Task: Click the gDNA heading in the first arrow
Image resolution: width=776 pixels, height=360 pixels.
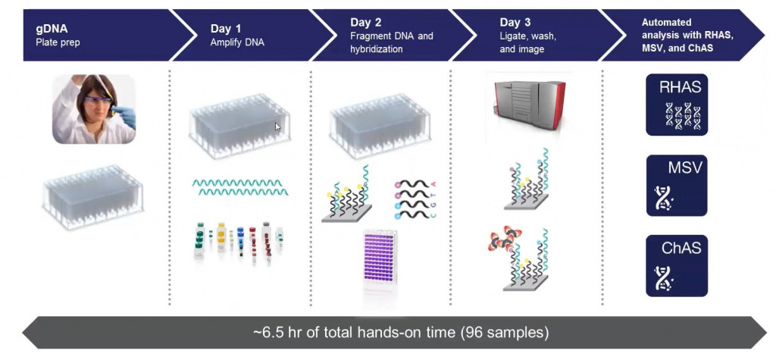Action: pyautogui.click(x=52, y=29)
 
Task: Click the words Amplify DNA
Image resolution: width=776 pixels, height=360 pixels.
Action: pyautogui.click(x=237, y=42)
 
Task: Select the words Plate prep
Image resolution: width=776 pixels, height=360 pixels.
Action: pyautogui.click(x=58, y=42)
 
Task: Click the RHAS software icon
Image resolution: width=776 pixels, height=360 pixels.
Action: pyautogui.click(x=677, y=105)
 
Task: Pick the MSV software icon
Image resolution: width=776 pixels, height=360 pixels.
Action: pyautogui.click(x=677, y=186)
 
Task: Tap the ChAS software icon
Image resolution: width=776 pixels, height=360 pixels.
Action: pyautogui.click(x=677, y=266)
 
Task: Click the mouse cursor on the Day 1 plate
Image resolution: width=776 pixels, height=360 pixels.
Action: pyautogui.click(x=277, y=127)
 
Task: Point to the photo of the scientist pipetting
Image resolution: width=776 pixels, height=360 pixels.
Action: pyautogui.click(x=94, y=109)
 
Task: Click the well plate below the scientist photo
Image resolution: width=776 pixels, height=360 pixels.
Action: pyautogui.click(x=93, y=197)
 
